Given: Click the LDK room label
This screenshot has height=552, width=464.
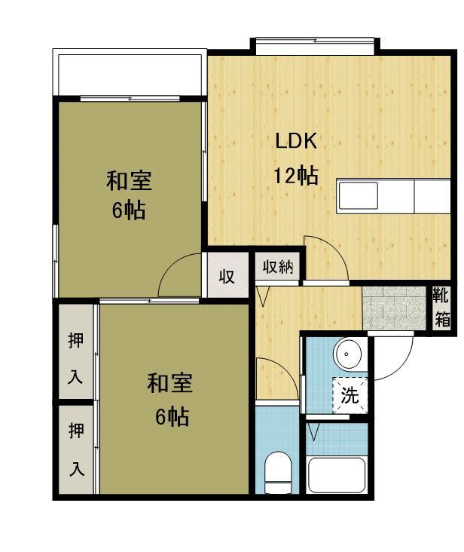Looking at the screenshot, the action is click(x=296, y=141).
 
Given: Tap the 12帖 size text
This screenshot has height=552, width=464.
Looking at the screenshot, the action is click(x=296, y=175).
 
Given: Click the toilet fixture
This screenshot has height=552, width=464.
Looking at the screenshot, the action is click(x=278, y=473).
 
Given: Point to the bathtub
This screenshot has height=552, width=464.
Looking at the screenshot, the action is click(x=337, y=475).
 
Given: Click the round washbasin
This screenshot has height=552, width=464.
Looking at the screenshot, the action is click(x=348, y=354).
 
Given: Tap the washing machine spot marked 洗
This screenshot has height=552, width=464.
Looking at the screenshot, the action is click(x=350, y=395).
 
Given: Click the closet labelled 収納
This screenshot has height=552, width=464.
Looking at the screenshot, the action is click(x=278, y=267).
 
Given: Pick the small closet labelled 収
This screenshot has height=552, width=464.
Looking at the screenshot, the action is click(x=227, y=275).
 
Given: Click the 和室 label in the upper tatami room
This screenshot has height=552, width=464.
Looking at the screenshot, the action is click(x=129, y=181).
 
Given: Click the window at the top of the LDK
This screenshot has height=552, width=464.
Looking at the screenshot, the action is click(x=315, y=46).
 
